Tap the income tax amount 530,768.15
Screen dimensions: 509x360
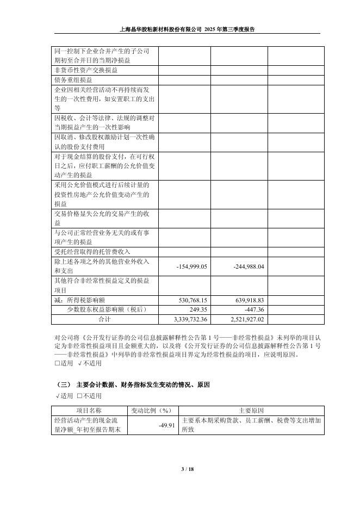pyautogui.click(x=193, y=300)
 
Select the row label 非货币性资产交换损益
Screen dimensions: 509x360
pyautogui.click(x=85, y=70)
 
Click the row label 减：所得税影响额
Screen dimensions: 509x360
pyautogui.click(x=83, y=300)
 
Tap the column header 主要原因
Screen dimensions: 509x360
pyautogui.click(x=251, y=410)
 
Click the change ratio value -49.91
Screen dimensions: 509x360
pyautogui.click(x=166, y=425)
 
